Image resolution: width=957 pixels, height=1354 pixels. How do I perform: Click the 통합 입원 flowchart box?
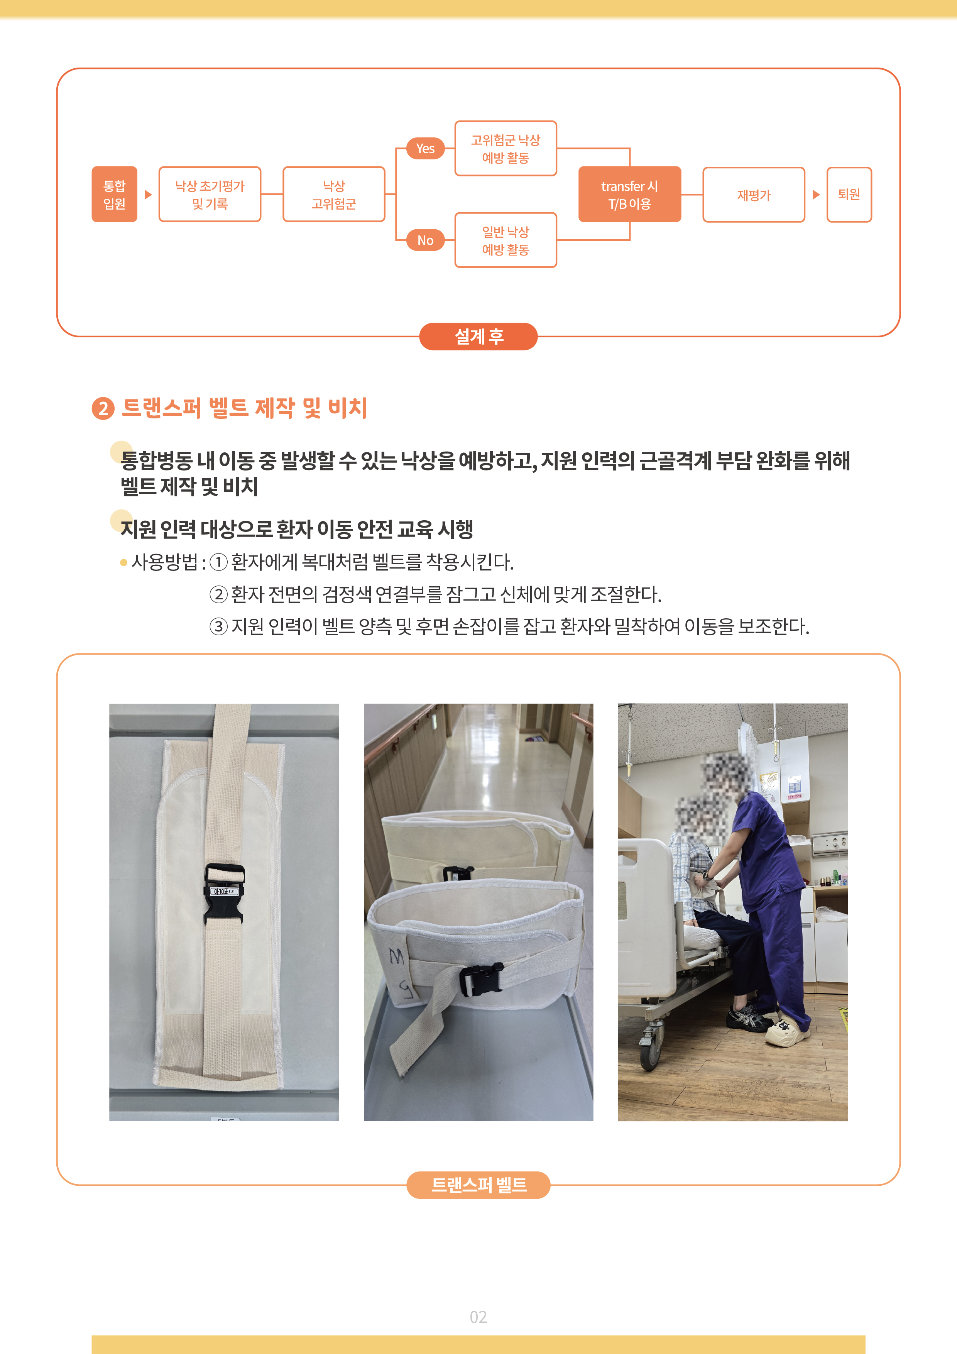[114, 194]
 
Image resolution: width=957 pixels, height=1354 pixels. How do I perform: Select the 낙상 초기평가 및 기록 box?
[210, 194]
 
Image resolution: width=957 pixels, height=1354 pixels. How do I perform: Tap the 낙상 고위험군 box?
[334, 194]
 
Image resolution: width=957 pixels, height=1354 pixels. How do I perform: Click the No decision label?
[425, 240]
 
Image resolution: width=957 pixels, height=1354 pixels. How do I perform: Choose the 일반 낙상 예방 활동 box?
[506, 240]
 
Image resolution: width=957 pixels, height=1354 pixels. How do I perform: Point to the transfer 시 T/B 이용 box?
[630, 194]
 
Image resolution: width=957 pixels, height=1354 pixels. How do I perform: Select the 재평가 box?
[754, 195]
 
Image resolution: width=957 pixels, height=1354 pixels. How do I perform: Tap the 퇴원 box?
[849, 195]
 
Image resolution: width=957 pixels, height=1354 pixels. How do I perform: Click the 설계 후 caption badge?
[478, 336]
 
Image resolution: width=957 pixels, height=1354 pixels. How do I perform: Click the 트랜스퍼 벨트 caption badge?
[478, 1185]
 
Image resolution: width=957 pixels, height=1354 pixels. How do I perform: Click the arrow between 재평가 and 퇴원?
[816, 195]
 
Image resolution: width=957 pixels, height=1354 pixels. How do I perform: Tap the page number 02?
[478, 1317]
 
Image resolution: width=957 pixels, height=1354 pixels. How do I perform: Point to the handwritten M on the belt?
[396, 956]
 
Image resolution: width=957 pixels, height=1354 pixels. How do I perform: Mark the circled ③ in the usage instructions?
[219, 626]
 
